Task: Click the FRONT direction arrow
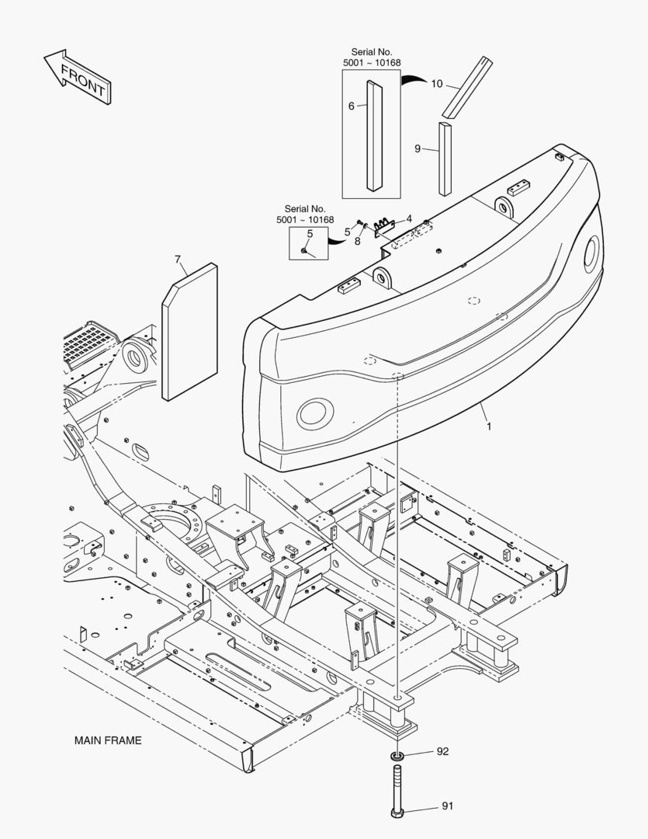pyautogui.click(x=76, y=77)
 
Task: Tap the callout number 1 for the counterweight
pyautogui.click(x=489, y=426)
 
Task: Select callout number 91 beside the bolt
pyautogui.click(x=446, y=806)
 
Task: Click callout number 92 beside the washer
pyautogui.click(x=442, y=751)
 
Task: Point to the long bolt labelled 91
pyautogui.click(x=397, y=789)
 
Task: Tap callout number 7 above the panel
pyautogui.click(x=178, y=259)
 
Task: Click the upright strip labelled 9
pyautogui.click(x=445, y=158)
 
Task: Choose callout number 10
pyautogui.click(x=436, y=84)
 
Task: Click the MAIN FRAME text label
pyautogui.click(x=108, y=740)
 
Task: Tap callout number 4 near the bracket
pyautogui.click(x=409, y=219)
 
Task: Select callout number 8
pyautogui.click(x=357, y=241)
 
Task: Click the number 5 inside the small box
pyautogui.click(x=310, y=233)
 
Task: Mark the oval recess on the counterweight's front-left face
pyautogui.click(x=316, y=413)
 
